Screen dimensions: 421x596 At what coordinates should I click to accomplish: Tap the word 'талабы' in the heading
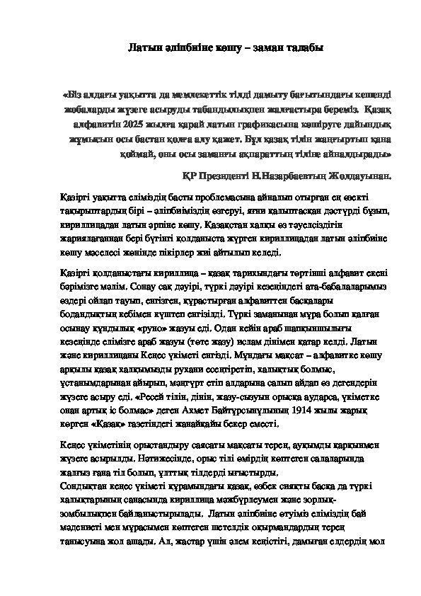pyautogui.click(x=309, y=47)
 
